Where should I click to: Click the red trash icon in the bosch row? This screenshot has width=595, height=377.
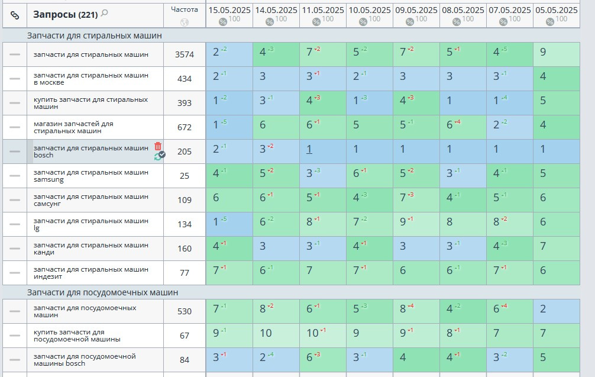click(158, 146)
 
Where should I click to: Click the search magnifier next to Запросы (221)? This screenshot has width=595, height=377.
click(105, 13)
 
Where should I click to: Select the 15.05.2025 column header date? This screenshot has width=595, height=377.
click(229, 10)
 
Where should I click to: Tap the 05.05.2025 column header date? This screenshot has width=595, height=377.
click(556, 10)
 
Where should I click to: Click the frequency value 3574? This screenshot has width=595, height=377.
click(185, 54)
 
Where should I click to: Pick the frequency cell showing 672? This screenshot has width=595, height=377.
click(185, 127)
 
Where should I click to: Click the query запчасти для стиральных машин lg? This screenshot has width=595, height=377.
click(91, 224)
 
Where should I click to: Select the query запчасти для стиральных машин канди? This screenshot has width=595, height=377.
click(91, 249)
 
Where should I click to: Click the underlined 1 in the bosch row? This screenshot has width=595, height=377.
click(309, 150)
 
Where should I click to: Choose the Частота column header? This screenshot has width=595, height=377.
click(185, 9)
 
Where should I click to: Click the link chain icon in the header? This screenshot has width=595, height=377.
click(15, 15)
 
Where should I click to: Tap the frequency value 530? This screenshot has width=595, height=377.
click(185, 311)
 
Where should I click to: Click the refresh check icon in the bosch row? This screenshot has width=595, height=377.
click(159, 156)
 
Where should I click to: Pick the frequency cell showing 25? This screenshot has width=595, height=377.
click(185, 176)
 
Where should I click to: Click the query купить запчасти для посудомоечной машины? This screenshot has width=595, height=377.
click(77, 336)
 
